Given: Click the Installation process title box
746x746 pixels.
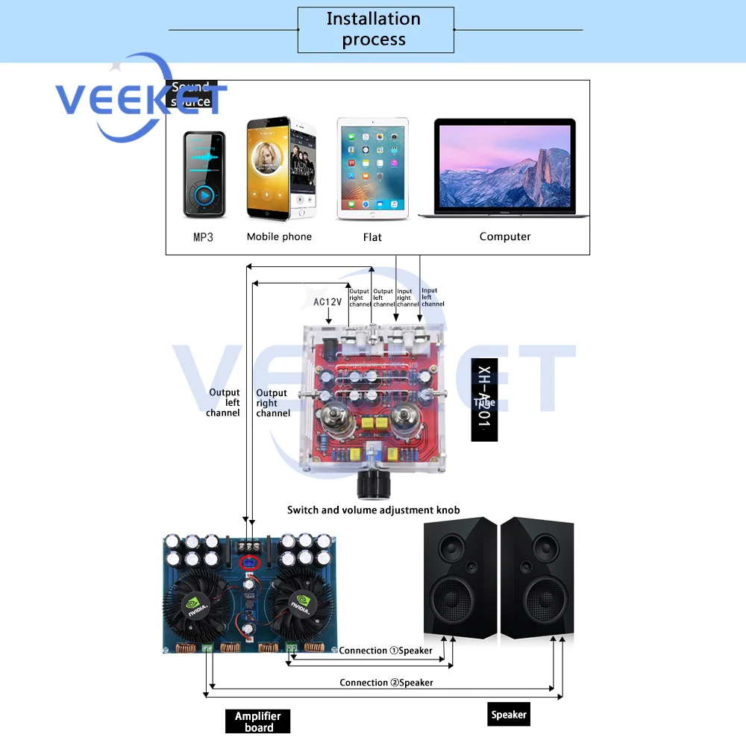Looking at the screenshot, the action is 375,30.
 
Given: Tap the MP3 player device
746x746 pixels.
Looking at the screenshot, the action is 204,175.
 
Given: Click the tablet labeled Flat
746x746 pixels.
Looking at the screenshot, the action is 372,169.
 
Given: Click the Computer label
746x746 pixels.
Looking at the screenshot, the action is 505,236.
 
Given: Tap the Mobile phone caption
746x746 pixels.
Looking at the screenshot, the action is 279,236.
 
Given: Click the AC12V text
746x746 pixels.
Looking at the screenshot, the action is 328,302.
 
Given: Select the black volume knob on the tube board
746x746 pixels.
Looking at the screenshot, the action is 372,485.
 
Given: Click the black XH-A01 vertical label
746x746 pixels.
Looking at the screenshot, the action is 484,400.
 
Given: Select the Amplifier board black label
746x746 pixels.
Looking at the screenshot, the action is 257,721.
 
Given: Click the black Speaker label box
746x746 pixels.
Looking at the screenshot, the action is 509,715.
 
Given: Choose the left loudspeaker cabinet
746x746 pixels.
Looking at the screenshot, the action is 459,579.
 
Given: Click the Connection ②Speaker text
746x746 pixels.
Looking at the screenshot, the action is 386,683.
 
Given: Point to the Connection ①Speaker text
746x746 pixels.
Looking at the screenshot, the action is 386,651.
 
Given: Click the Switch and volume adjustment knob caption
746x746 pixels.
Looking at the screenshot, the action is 373,510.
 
